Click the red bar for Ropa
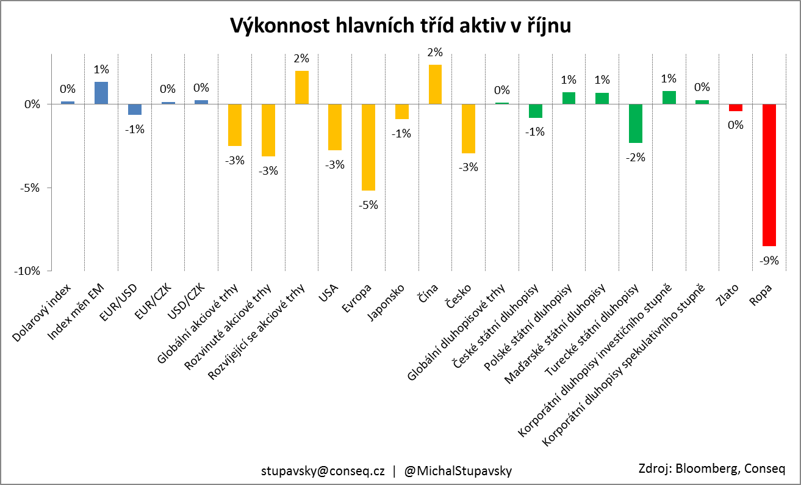pos(769,175)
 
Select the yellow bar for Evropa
pos(368,147)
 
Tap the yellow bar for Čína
pos(435,84)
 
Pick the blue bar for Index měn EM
pos(101,93)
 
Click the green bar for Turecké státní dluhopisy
pos(635,123)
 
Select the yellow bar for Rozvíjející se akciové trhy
pos(301,87)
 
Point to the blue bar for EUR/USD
pos(135,109)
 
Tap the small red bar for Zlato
pos(735,108)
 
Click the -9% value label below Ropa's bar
pos(769,260)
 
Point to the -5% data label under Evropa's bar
pos(368,205)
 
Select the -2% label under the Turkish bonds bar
pos(635,157)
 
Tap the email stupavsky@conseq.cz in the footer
pos(323,471)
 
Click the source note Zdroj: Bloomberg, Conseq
pos(711,469)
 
